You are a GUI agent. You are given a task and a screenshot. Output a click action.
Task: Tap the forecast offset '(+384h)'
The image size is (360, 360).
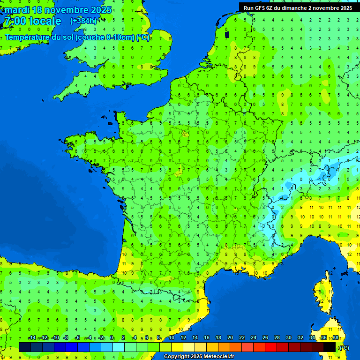[x=83, y=21]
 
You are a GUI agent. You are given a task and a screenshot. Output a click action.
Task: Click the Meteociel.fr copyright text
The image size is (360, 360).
[x=199, y=357]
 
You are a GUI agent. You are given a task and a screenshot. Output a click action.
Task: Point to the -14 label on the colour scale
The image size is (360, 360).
[x=32, y=338]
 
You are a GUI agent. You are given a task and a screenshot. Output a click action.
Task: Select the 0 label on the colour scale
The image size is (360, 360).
[x=112, y=338]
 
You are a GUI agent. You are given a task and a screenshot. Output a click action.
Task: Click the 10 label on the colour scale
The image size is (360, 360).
[x=172, y=338]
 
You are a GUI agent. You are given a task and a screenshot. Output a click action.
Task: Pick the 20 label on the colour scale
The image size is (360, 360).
[x=230, y=338]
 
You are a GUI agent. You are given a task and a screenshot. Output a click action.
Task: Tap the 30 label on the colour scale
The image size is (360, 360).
[x=289, y=338]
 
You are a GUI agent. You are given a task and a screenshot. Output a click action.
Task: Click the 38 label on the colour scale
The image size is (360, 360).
[x=336, y=338]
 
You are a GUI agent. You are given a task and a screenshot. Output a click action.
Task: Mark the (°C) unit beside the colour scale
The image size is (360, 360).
[x=344, y=348]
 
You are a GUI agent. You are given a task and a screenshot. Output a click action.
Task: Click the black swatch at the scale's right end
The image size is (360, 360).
[x=330, y=347]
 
